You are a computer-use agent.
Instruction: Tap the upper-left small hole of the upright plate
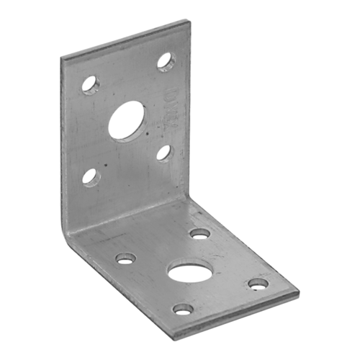(89, 84)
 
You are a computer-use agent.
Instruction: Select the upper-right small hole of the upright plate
(166, 60)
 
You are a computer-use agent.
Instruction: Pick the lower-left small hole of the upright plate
(89, 176)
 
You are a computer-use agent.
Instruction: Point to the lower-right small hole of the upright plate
(165, 153)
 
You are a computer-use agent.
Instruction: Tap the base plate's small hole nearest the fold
(199, 233)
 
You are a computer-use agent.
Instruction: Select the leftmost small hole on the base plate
(125, 257)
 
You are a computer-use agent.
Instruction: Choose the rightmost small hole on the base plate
(258, 284)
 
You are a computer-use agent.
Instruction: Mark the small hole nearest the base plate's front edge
(184, 310)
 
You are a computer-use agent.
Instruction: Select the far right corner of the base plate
(299, 292)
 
